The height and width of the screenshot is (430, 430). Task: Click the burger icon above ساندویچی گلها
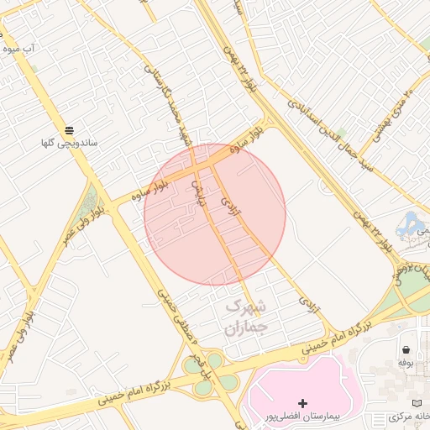(x=70, y=129)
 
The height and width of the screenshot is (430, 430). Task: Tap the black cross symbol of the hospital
(x=303, y=403)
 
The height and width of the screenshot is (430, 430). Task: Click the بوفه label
(x=406, y=363)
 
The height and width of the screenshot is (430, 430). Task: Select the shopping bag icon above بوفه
(x=406, y=349)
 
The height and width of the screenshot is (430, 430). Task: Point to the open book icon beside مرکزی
(x=417, y=404)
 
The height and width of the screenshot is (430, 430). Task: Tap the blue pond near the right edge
(x=412, y=223)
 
